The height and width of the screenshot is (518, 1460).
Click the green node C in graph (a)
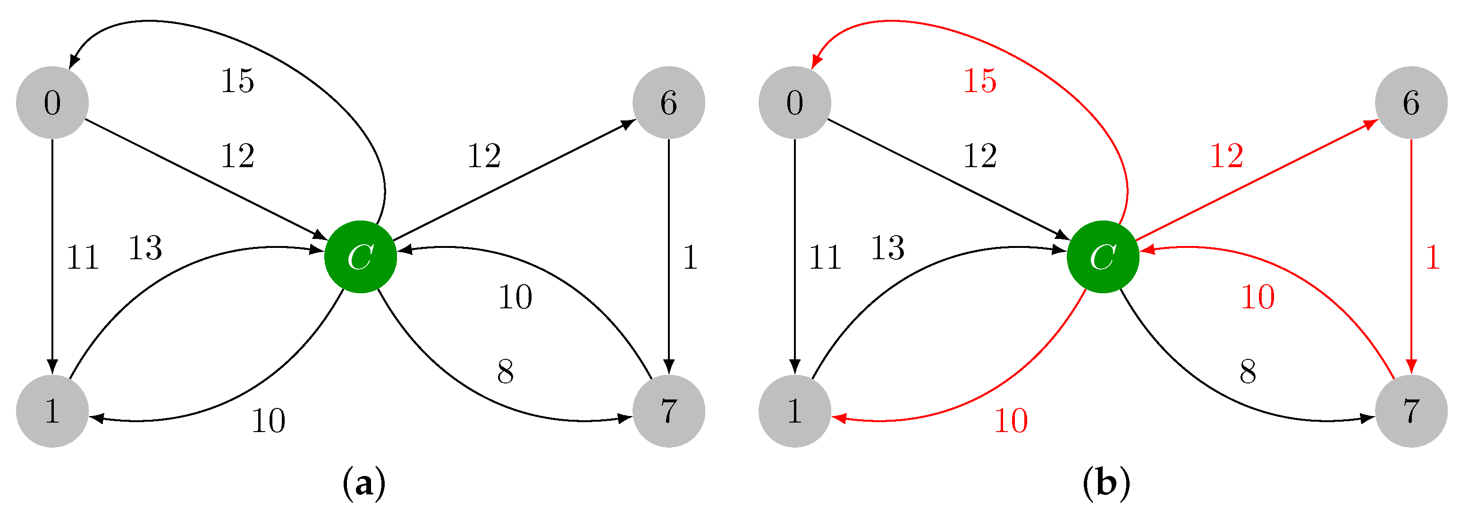pyautogui.click(x=361, y=257)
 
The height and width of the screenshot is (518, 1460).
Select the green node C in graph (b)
pyautogui.click(x=1103, y=257)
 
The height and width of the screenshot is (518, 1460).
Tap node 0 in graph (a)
pyautogui.click(x=52, y=102)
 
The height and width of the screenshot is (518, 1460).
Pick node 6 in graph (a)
pyautogui.click(x=669, y=102)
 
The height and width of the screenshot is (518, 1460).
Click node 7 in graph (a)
pyautogui.click(x=669, y=411)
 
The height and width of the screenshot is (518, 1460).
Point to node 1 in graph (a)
pyautogui.click(x=52, y=411)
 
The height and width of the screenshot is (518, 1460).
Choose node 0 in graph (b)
pyautogui.click(x=794, y=102)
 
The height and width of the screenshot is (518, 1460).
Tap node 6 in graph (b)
pyautogui.click(x=1411, y=102)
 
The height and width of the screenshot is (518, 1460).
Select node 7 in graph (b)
pyautogui.click(x=1411, y=411)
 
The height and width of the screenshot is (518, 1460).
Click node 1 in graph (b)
pyautogui.click(x=794, y=411)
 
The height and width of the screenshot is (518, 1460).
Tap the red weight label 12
pyautogui.click(x=1226, y=156)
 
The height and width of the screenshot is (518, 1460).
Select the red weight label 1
pyautogui.click(x=1433, y=257)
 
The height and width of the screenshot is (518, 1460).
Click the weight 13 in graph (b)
pyautogui.click(x=887, y=248)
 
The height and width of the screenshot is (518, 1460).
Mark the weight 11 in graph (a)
pyautogui.click(x=83, y=258)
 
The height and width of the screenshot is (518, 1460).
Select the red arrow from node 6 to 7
pyautogui.click(x=1411, y=255)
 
